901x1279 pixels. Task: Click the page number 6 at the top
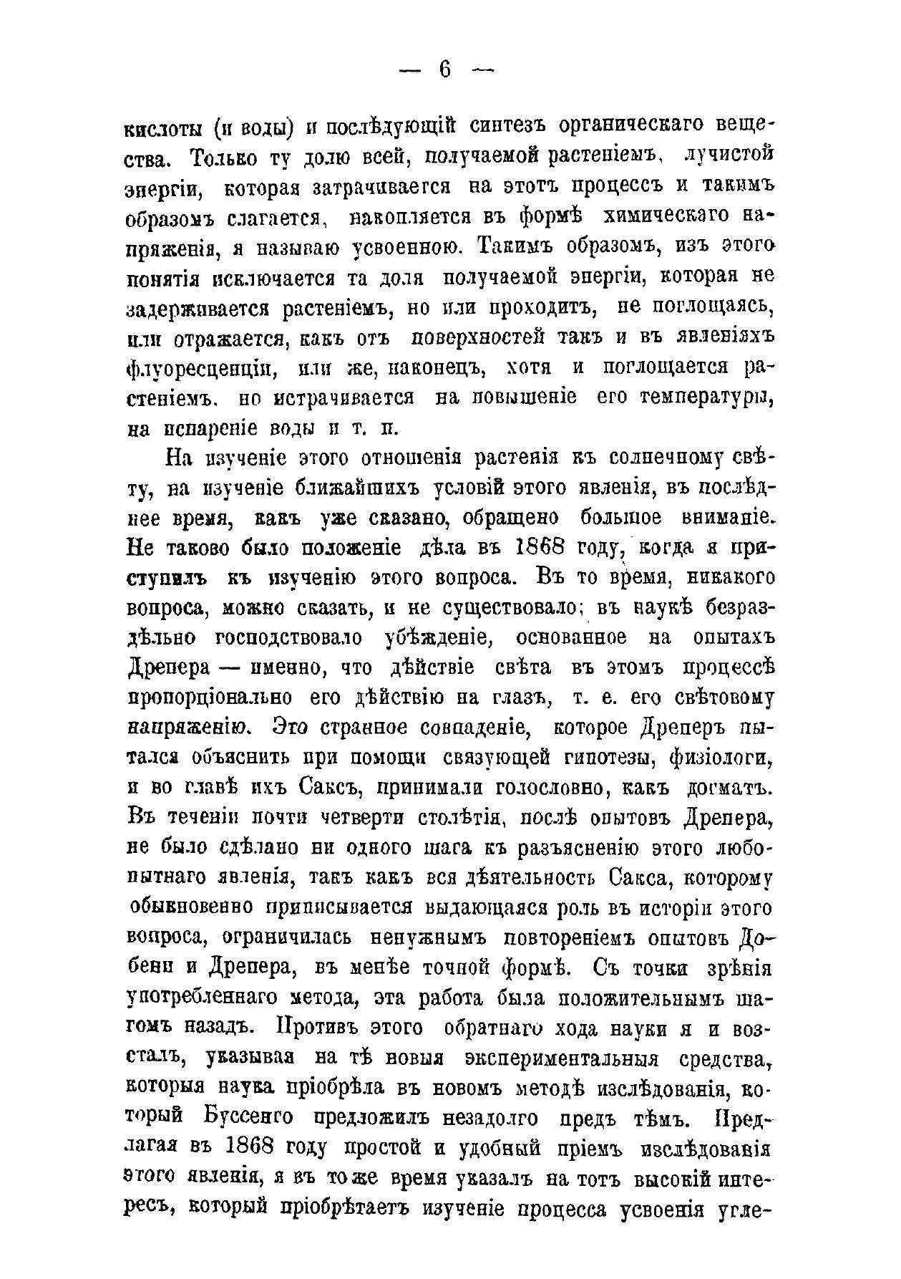point(444,69)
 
